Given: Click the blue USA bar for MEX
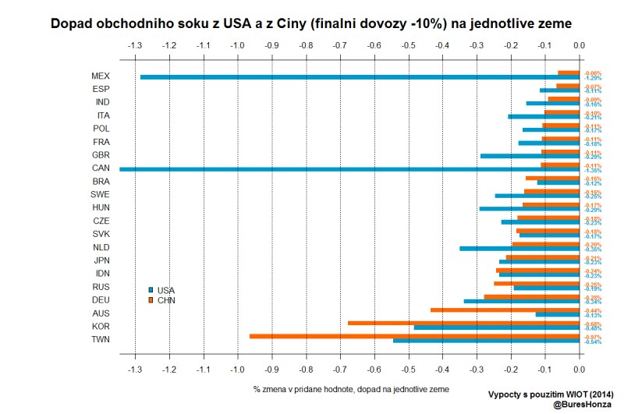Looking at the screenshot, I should tap(359, 77).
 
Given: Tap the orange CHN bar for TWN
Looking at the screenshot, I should tap(414, 336).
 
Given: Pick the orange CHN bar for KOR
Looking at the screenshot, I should tap(463, 323).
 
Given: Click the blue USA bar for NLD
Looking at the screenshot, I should tap(519, 249).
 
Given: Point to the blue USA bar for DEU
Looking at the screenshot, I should tap(521, 301).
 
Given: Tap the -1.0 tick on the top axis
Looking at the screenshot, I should tap(238, 45).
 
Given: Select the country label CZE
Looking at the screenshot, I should tap(100, 221).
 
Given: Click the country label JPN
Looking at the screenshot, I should tap(100, 260).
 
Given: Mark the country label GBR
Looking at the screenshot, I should tap(100, 155).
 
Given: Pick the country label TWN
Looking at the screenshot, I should tap(100, 339).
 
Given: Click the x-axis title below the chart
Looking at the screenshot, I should tap(351, 387).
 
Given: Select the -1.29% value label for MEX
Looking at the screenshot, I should tap(594, 78).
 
